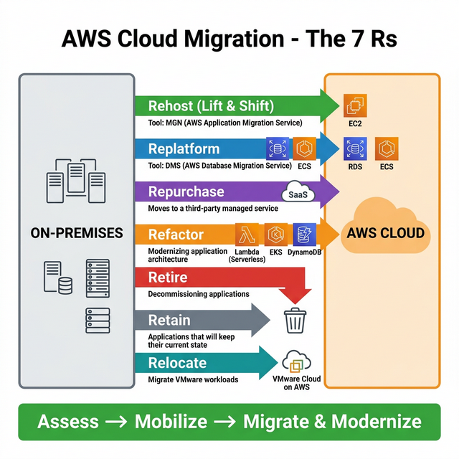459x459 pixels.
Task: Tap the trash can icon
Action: (295, 320)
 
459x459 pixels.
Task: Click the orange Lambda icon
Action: (246, 235)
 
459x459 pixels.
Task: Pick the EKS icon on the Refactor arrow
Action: (276, 235)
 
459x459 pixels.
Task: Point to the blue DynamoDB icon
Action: (305, 235)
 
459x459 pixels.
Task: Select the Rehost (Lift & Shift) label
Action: (211, 106)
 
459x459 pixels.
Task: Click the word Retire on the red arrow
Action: (167, 278)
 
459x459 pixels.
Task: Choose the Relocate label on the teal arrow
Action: (177, 363)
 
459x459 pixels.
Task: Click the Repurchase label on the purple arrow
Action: (186, 192)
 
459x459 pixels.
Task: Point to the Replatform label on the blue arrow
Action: (184, 149)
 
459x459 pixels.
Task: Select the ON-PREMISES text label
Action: (77, 233)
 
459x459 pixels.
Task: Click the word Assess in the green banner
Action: (67, 421)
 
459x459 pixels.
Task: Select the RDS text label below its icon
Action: (355, 166)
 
